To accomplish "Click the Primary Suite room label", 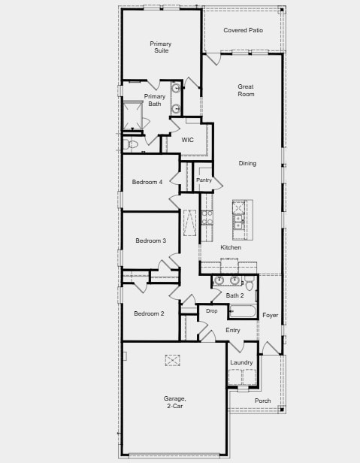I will [x=160, y=47].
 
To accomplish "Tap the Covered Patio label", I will [x=243, y=30].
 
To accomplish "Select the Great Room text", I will [x=246, y=90].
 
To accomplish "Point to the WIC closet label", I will [x=188, y=140].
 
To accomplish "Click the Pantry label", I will [x=204, y=180].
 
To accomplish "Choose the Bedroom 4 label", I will [x=147, y=182].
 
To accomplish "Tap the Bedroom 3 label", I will [x=150, y=241].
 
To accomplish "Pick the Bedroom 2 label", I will [x=149, y=313].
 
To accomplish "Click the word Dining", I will [x=247, y=163].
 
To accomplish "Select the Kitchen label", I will [x=231, y=247].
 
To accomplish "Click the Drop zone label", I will [x=211, y=310].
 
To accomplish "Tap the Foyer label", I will [x=270, y=314].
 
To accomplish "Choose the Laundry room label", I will [x=241, y=362].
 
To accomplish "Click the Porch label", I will [x=262, y=401].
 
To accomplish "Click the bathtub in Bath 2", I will [x=243, y=311].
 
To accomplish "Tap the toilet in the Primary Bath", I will [x=133, y=143].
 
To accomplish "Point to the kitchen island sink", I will [x=238, y=216].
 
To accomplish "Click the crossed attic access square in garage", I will [x=173, y=360].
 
